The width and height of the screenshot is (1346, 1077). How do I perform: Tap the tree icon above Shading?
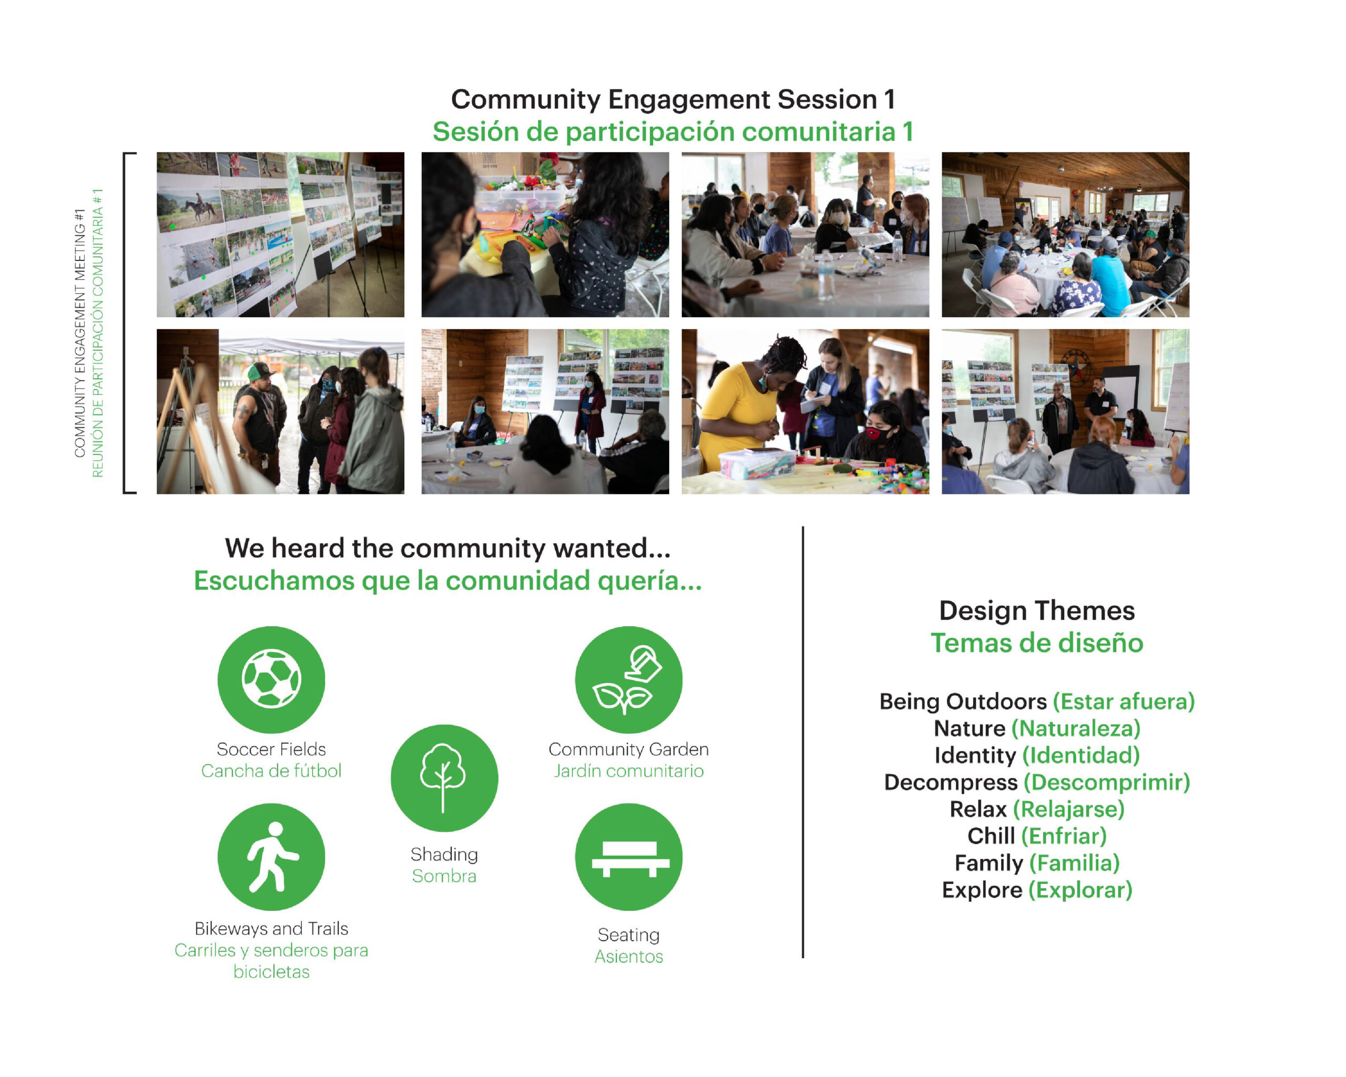pos(444,778)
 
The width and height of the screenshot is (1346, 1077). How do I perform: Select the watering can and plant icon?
pos(629,679)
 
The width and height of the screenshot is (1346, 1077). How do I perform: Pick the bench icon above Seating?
pos(629,857)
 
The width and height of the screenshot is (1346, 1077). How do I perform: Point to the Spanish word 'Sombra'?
pos(444,876)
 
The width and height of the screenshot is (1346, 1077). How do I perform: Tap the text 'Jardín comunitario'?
pos(629,771)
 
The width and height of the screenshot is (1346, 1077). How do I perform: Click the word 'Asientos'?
pos(629,957)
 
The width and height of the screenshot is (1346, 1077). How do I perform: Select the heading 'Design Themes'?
pos(1037,611)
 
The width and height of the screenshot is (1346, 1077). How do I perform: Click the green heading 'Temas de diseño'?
pos(1037,643)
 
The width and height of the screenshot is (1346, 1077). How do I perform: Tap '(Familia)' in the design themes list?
pos(1074,863)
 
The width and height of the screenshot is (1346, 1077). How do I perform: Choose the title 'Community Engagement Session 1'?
pos(673,99)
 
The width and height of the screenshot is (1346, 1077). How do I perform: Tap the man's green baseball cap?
pos(261,372)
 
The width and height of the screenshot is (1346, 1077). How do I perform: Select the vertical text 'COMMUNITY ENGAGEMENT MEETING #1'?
pos(79,333)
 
